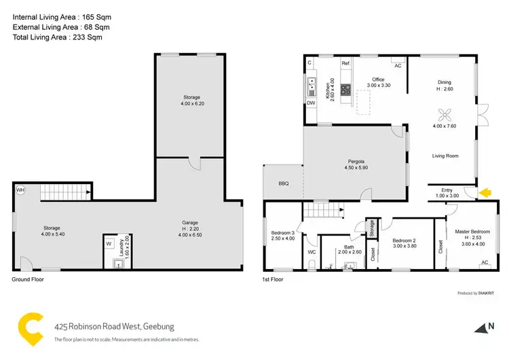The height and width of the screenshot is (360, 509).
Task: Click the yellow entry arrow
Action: pyautogui.click(x=484, y=194)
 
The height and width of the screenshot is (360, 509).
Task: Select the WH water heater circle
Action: pyautogui.click(x=20, y=190)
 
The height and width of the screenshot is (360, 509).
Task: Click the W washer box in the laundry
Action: pyautogui.click(x=109, y=243)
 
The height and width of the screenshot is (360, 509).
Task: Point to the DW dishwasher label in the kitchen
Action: pyautogui.click(x=311, y=103)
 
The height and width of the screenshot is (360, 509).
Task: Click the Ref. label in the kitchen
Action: pyautogui.click(x=345, y=63)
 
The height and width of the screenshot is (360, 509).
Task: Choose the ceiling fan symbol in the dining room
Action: pyautogui.click(x=445, y=113)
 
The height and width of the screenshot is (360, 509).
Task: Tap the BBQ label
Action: pyautogui.click(x=283, y=184)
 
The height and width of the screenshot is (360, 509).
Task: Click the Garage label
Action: pyautogui.click(x=190, y=222)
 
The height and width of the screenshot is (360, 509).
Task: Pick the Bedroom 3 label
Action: pyautogui.click(x=283, y=232)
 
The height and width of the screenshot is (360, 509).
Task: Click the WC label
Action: pyautogui.click(x=312, y=252)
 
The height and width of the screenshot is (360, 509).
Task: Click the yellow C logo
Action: pyautogui.click(x=31, y=328)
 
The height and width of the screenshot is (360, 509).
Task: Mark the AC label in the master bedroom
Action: pyautogui.click(x=484, y=262)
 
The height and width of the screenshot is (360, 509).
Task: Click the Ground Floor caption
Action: pyautogui.click(x=28, y=279)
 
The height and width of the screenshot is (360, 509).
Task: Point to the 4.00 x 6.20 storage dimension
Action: pyautogui.click(x=191, y=104)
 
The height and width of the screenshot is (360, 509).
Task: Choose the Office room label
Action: pyautogui.click(x=378, y=79)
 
